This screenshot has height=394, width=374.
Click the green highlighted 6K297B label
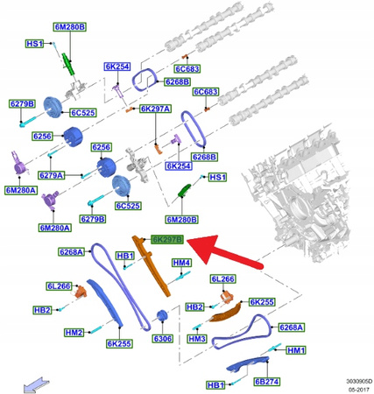tap(166, 239)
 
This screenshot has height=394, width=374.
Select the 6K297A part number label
tap(157, 109)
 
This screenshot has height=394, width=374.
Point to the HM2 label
tap(74, 333)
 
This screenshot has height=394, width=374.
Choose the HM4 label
tap(181, 263)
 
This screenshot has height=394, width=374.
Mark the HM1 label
tap(296, 350)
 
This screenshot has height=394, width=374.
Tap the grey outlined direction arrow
tap(36, 381)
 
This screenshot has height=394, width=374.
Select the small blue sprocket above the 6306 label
tap(160, 316)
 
